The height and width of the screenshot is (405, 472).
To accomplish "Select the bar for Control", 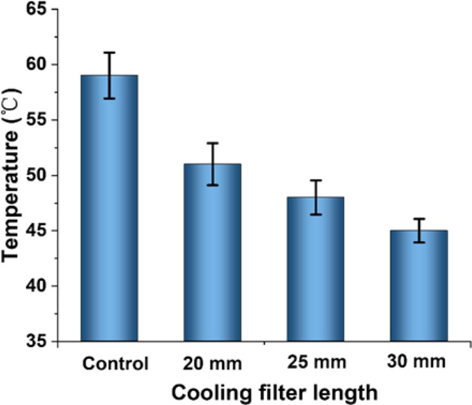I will [109, 209].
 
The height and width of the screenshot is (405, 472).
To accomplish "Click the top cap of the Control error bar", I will [109, 52].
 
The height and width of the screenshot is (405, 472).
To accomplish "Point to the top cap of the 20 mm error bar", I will [212, 143].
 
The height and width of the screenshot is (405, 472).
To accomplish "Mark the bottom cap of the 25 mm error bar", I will [316, 215].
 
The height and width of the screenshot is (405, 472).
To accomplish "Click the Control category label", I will [115, 364].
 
